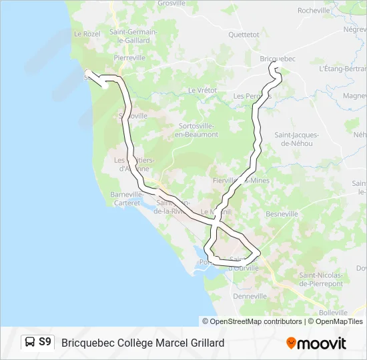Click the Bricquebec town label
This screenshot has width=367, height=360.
pos(277,59)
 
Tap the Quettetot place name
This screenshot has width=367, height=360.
pos(243,34)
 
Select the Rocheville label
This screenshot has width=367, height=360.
pos(314,11)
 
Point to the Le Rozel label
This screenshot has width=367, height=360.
pos(86,33)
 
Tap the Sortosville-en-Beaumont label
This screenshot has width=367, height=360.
pos(196,130)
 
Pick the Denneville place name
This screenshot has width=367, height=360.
pos(250,295)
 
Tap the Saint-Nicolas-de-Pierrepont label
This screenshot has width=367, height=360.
pos(321,279)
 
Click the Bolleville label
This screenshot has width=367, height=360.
pos(333,312)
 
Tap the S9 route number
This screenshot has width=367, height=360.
pos(45,343)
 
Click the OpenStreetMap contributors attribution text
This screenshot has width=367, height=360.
pos(256,321)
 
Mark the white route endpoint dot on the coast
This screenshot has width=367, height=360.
pos(105,85)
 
